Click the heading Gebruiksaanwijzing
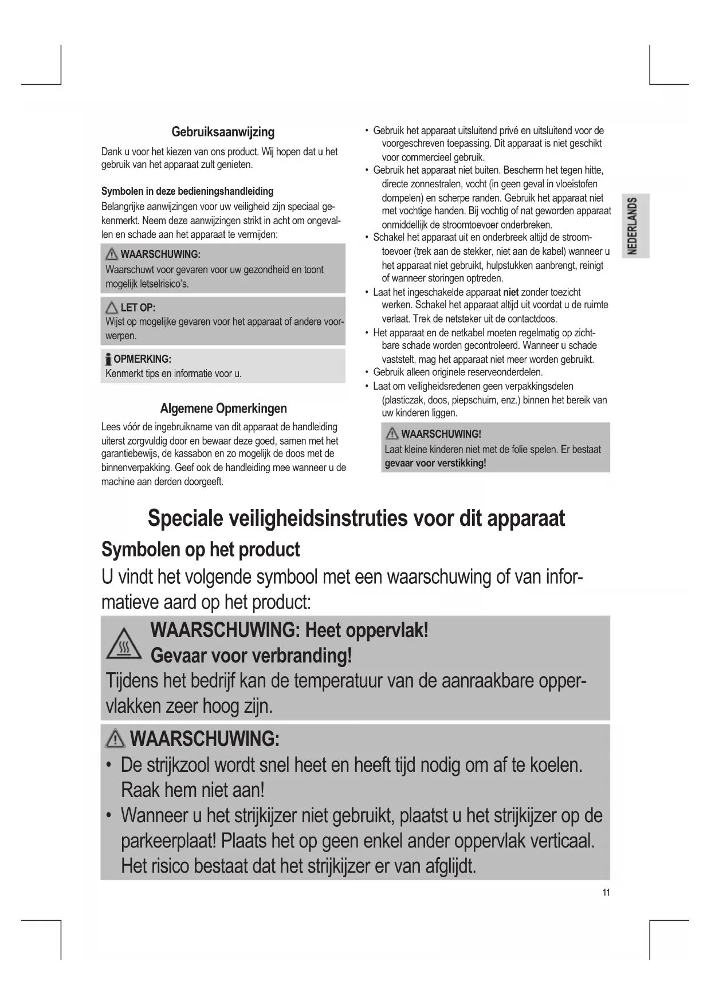[x=223, y=132]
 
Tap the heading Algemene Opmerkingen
[x=223, y=409]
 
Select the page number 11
[x=606, y=892]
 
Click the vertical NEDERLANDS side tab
[x=633, y=226]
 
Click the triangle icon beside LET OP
[x=111, y=308]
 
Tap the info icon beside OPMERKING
[x=108, y=360]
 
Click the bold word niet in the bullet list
[x=510, y=292]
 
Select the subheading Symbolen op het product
[x=201, y=549]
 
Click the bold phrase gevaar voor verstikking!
[x=435, y=463]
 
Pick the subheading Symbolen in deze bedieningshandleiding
[x=187, y=191]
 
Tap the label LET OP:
[x=138, y=308]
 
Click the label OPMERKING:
[x=142, y=359]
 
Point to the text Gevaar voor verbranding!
[x=251, y=655]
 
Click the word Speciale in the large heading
[x=184, y=519]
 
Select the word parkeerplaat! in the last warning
[x=168, y=841]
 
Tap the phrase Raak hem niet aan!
[x=193, y=790]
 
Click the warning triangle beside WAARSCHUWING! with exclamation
[x=392, y=434]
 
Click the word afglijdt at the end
[x=450, y=866]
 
